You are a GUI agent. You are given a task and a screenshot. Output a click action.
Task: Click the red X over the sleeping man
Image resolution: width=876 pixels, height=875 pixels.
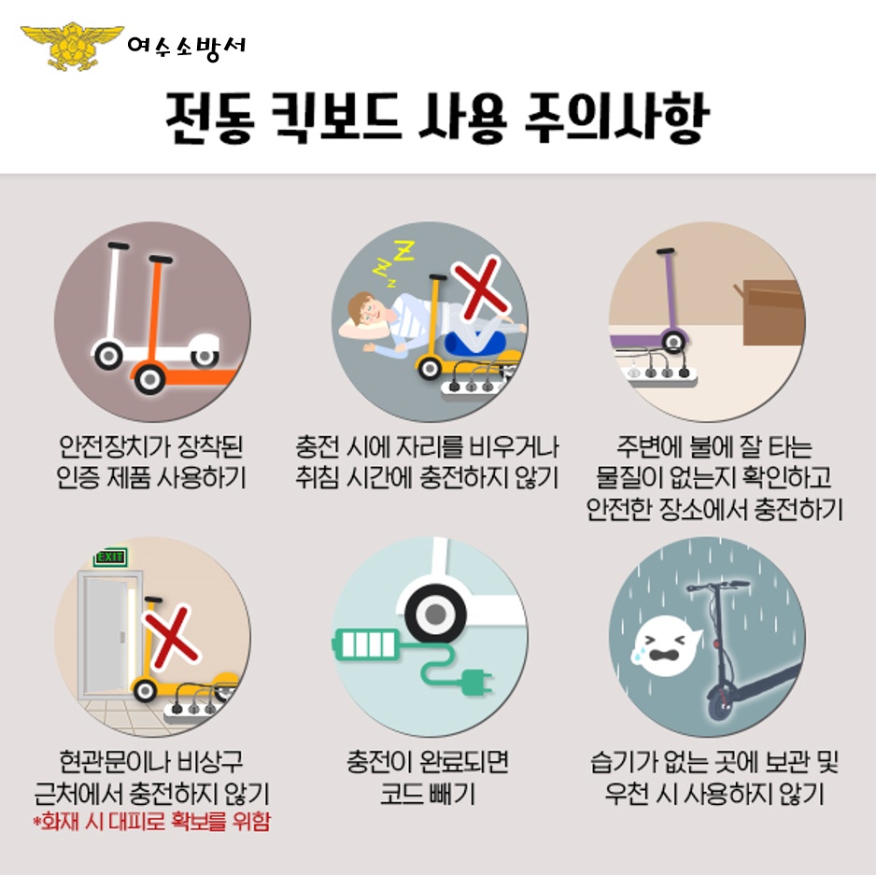tap(479, 289)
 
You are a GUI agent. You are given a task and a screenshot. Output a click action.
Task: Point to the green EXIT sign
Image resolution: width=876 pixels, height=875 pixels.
tap(109, 557)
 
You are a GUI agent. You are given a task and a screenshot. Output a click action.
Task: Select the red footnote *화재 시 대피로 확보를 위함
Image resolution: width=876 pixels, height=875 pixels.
tap(151, 823)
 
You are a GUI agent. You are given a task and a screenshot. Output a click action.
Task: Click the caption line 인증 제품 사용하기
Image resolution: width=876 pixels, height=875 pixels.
tap(151, 477)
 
